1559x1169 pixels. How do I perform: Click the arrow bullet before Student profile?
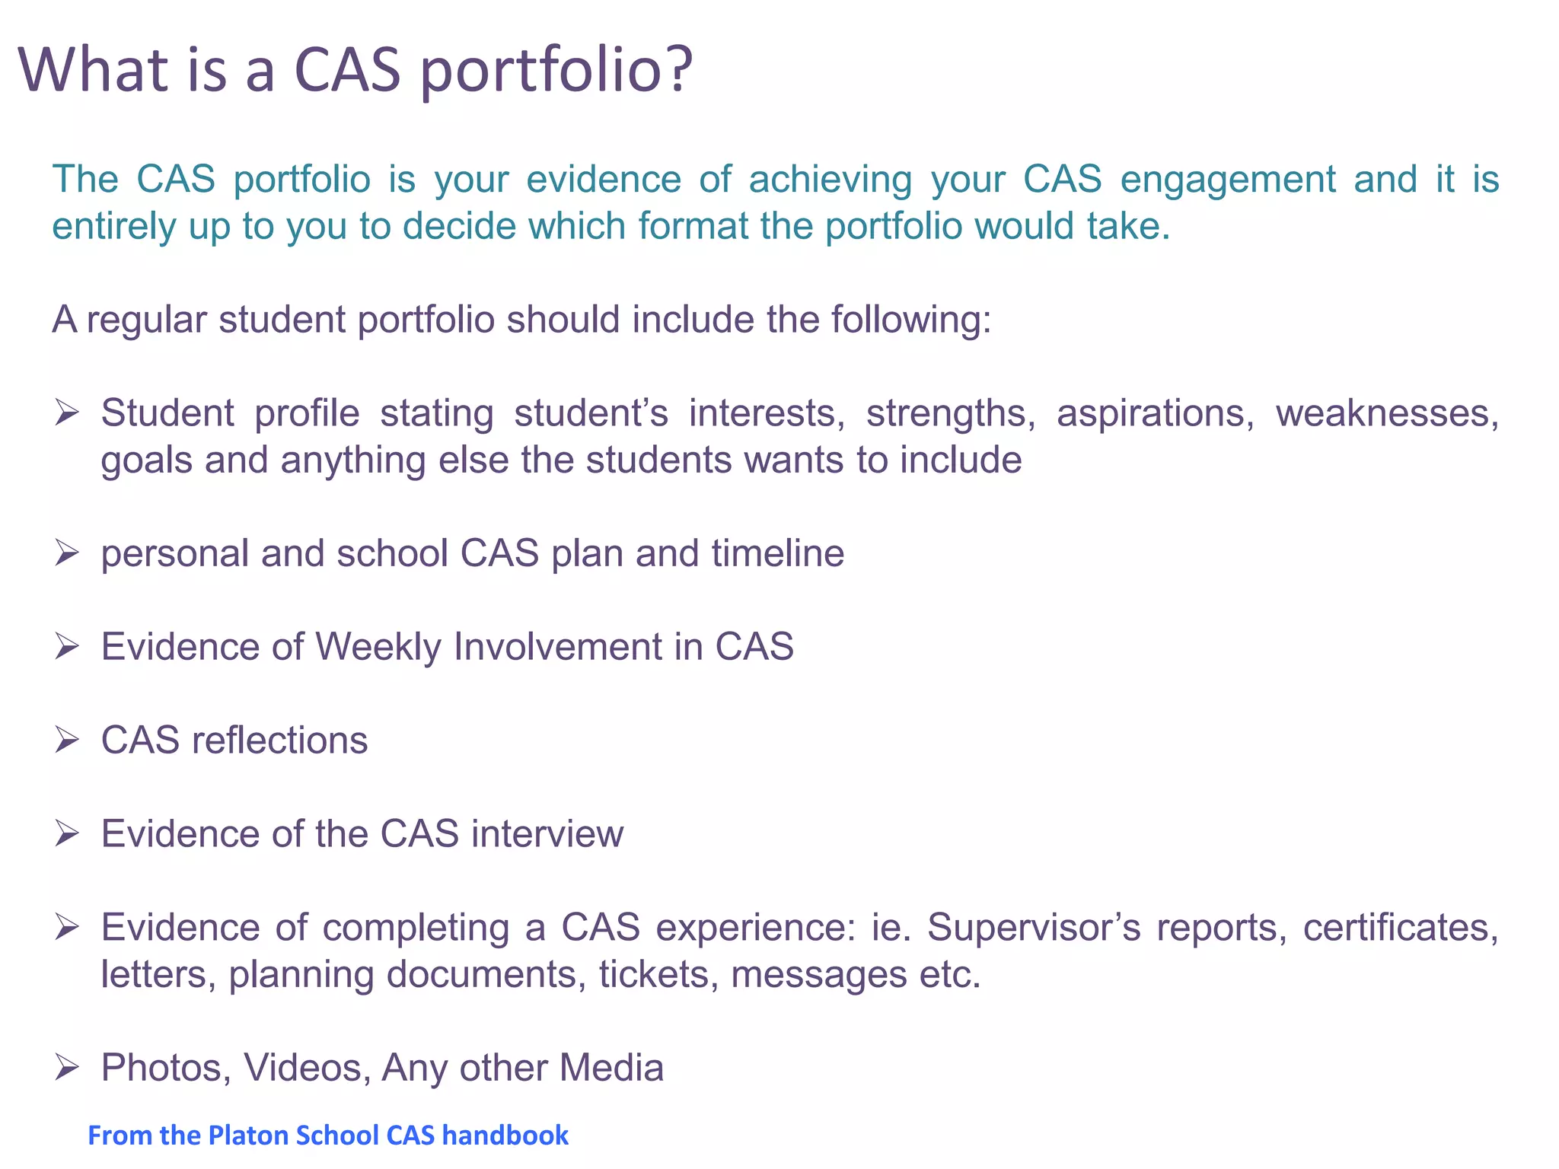[67, 413]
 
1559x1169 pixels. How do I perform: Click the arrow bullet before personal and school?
[67, 553]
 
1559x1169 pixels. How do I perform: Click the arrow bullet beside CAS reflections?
[67, 740]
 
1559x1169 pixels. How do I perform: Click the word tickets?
[658, 975]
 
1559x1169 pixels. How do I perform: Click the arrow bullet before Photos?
[67, 1068]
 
